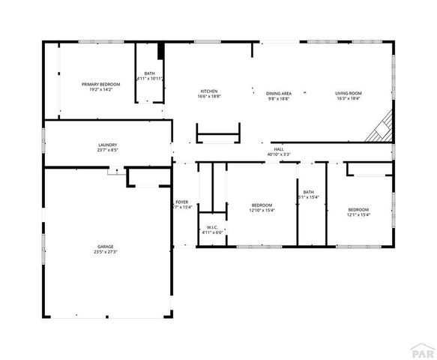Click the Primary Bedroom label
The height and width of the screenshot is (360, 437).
pyautogui.click(x=100, y=85)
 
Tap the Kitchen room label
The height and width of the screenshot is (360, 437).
pyautogui.click(x=208, y=91)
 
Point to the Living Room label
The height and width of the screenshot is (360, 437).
pyautogui.click(x=348, y=94)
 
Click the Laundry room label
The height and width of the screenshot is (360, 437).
pyautogui.click(x=107, y=145)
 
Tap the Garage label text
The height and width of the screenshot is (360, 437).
pyautogui.click(x=105, y=246)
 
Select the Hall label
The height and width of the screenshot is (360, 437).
pyautogui.click(x=279, y=150)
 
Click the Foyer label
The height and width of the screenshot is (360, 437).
pyautogui.click(x=182, y=202)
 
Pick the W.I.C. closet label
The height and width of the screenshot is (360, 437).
pyautogui.click(x=212, y=227)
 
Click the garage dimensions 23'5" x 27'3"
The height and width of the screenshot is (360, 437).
pyautogui.click(x=105, y=252)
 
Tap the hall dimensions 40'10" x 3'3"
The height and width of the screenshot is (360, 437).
pyautogui.click(x=279, y=155)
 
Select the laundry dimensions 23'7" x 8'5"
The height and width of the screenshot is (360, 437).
pyautogui.click(x=107, y=151)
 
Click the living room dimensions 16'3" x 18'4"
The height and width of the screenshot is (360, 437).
pyautogui.click(x=348, y=99)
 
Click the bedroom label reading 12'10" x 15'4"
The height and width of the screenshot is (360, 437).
pyautogui.click(x=262, y=210)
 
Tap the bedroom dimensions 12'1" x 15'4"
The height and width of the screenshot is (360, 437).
pyautogui.click(x=358, y=214)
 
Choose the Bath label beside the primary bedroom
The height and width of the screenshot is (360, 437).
pyautogui.click(x=150, y=73)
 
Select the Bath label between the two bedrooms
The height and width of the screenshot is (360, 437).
pyautogui.click(x=309, y=192)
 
